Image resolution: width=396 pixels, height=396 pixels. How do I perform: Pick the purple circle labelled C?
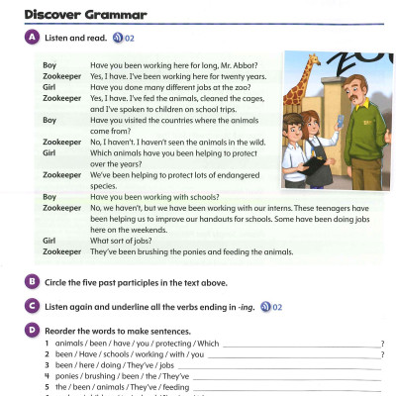click(33, 307)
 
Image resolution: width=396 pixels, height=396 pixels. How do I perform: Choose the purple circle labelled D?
click(33, 329)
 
